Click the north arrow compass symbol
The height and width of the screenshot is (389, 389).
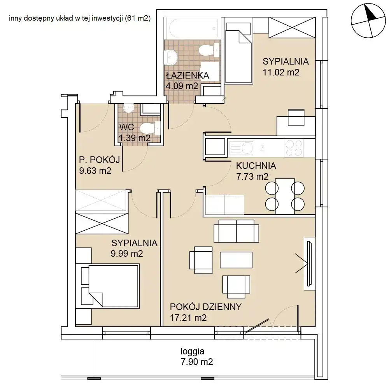(368, 21)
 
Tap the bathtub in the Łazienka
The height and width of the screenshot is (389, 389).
(193, 28)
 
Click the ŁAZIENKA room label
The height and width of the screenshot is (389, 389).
(187, 75)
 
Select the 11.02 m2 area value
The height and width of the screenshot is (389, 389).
(281, 72)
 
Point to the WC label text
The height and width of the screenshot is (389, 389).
(126, 127)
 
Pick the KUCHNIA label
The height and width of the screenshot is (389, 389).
(256, 166)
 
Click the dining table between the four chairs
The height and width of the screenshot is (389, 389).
(285, 196)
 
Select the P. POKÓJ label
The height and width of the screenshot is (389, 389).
(99, 160)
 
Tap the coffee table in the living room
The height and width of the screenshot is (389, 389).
(236, 260)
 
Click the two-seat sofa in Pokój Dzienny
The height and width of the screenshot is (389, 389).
(236, 231)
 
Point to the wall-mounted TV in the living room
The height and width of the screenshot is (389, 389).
(309, 263)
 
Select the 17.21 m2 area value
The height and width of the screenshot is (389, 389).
(188, 318)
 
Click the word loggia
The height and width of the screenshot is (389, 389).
(193, 352)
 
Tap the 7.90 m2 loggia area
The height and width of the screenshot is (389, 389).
(197, 362)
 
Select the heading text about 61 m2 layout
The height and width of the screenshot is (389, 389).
(80, 18)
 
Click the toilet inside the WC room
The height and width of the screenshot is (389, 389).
(150, 128)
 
